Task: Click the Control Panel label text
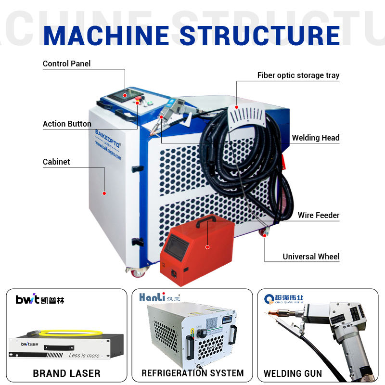[66, 64]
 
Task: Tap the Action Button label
[67, 124]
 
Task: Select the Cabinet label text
[56, 162]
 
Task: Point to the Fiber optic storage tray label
[298, 76]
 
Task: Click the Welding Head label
[315, 138]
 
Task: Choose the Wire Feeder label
[318, 216]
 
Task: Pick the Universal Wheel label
[311, 257]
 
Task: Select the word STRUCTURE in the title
[259, 36]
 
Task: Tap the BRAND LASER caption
[66, 373]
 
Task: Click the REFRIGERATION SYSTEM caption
[192, 373]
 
